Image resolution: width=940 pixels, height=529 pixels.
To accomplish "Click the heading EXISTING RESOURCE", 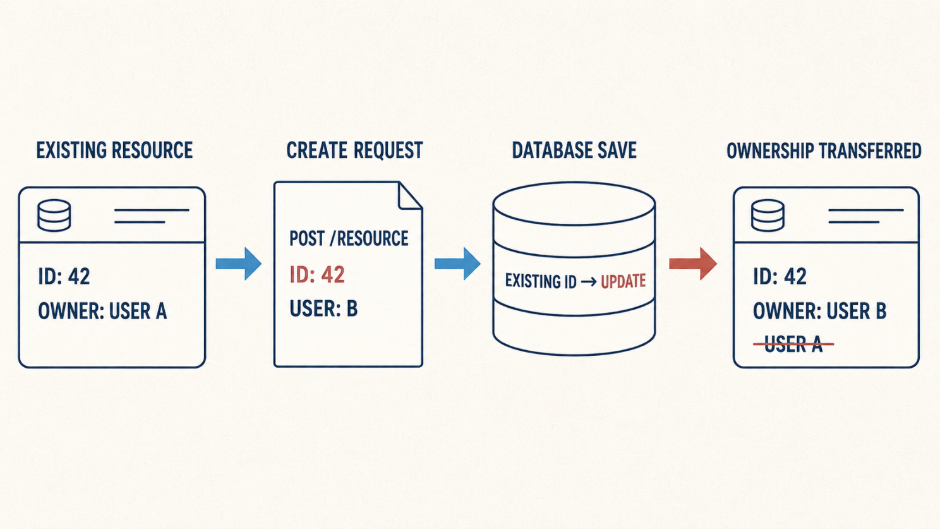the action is pyautogui.click(x=114, y=150).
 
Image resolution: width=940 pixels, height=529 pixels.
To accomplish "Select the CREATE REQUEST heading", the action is pyautogui.click(x=354, y=150).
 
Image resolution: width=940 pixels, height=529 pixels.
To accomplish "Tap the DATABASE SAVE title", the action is pyautogui.click(x=574, y=150).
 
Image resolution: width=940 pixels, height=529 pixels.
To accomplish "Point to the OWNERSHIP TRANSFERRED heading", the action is pyautogui.click(x=824, y=150).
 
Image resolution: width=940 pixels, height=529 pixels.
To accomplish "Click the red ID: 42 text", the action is pyautogui.click(x=317, y=275).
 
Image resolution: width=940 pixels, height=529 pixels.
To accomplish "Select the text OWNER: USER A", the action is pyautogui.click(x=102, y=311).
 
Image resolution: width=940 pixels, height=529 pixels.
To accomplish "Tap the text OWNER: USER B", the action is pyautogui.click(x=819, y=311).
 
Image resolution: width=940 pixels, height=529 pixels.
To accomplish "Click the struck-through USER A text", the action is pyautogui.click(x=793, y=344).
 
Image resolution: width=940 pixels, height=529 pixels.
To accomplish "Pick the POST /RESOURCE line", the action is pyautogui.click(x=349, y=238).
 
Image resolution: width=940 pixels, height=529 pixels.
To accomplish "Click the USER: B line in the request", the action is pyautogui.click(x=323, y=308).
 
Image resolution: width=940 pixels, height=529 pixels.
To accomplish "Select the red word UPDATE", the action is pyautogui.click(x=623, y=281).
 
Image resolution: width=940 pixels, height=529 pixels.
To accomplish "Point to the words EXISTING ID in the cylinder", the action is pyautogui.click(x=541, y=281).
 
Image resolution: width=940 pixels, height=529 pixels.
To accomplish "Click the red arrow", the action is pyautogui.click(x=693, y=264).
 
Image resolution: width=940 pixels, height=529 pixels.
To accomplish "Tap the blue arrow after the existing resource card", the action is pyautogui.click(x=239, y=264).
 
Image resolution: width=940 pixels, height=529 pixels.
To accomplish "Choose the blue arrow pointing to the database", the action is pyautogui.click(x=457, y=264).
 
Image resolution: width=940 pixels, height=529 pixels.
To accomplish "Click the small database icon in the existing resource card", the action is pyautogui.click(x=54, y=216).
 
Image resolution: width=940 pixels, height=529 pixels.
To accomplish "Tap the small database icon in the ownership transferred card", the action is pyautogui.click(x=768, y=216).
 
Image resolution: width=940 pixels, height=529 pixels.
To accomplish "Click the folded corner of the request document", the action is pyautogui.click(x=410, y=196).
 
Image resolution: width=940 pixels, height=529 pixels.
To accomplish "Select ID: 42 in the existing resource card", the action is pyautogui.click(x=64, y=277).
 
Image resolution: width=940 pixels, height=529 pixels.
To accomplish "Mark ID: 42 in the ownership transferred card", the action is pyautogui.click(x=780, y=277).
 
